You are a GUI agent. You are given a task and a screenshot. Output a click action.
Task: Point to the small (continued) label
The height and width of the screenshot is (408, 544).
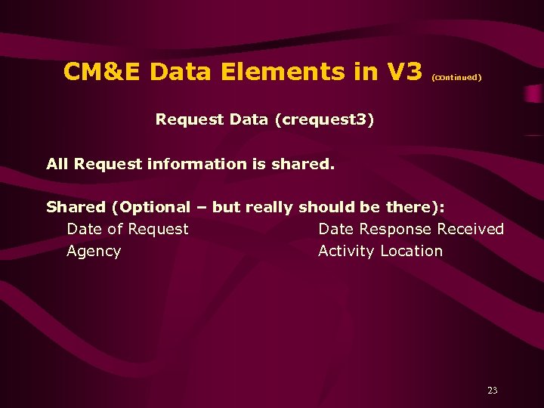[x=456, y=77]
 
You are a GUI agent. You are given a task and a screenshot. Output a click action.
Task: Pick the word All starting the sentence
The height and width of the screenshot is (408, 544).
[x=58, y=163]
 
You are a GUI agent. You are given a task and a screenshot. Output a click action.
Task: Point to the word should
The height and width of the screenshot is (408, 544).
[x=328, y=207]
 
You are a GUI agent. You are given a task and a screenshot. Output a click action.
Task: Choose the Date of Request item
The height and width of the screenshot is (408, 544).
[x=128, y=229]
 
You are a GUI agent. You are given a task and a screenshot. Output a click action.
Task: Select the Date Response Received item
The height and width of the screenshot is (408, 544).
[x=411, y=229]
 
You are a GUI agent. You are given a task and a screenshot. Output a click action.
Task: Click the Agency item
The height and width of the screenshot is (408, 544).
[x=94, y=251]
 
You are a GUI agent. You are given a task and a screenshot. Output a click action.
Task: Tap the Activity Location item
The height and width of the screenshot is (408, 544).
[x=380, y=251]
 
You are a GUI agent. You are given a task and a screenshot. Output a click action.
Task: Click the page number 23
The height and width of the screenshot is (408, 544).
[x=493, y=391]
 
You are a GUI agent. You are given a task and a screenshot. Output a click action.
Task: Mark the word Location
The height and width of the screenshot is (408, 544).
[x=412, y=251]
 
